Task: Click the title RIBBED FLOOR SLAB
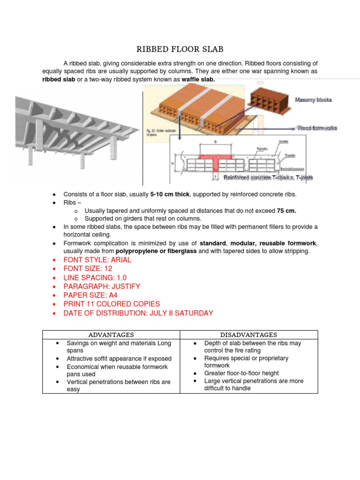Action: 180,49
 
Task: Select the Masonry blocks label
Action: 313,100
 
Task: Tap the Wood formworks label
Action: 317,127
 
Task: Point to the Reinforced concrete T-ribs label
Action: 268,177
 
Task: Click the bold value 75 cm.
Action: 286,211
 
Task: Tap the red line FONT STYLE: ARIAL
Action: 97,260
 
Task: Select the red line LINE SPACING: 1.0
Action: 95,277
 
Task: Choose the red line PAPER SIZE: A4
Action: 90,295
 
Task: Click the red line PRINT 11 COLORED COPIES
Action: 112,304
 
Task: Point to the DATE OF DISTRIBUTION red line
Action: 138,313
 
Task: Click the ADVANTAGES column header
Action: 111,335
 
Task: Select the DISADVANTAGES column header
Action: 249,335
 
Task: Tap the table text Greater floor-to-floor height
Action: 241,373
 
